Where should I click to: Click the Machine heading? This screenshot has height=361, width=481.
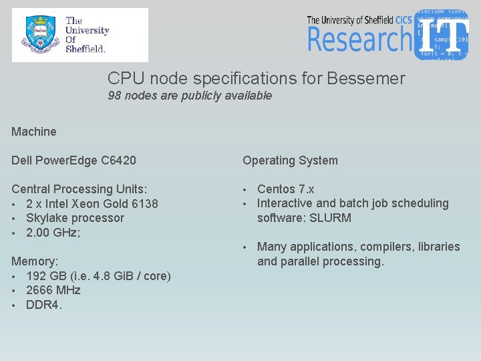point(34,132)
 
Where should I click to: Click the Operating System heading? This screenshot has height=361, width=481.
point(290,160)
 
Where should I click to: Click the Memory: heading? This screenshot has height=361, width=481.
point(34,261)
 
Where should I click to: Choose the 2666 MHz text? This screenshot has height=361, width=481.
point(53,290)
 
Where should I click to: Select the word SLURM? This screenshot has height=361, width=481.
point(330,218)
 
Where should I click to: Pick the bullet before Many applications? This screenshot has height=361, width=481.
point(245,247)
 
